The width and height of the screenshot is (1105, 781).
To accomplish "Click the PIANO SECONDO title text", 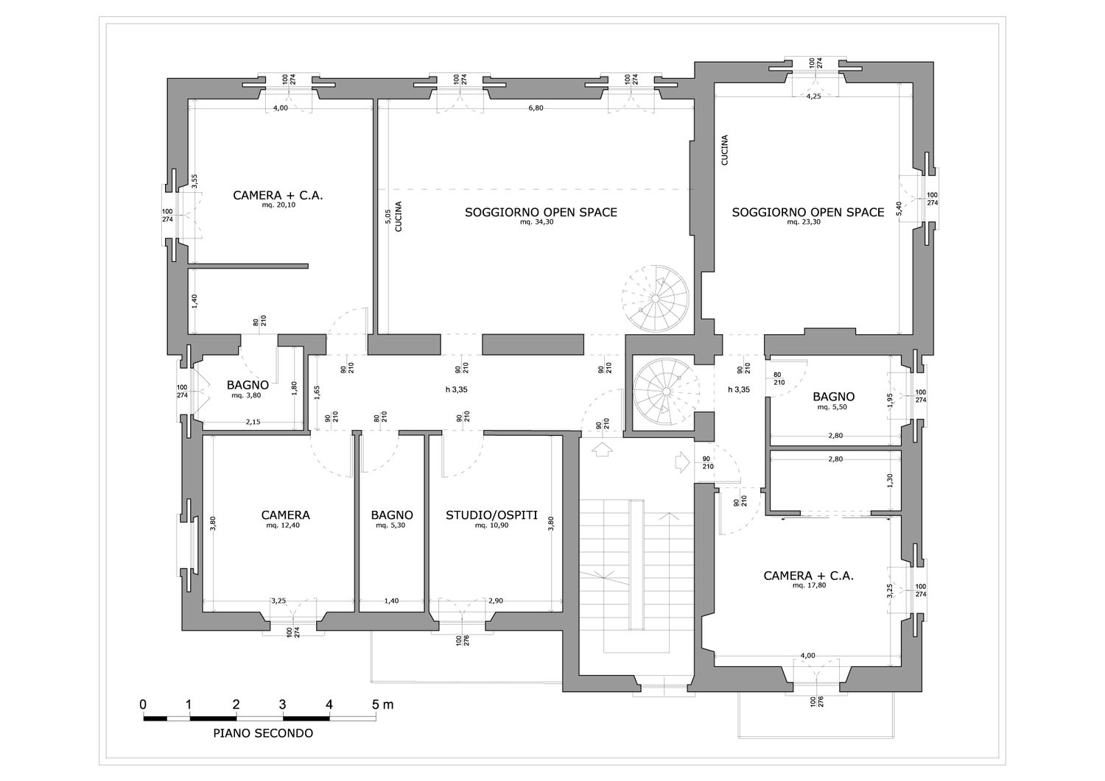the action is pos(263,733).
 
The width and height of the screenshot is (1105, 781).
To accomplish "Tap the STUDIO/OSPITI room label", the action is pos(491,515).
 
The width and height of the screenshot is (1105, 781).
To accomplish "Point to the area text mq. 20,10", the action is pos(278,205).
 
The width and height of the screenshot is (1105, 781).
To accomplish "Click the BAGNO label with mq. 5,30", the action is pos(392,515).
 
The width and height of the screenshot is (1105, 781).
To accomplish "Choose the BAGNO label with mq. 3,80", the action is pos(248,385).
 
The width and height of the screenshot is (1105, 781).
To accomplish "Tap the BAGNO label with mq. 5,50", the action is pos(834,397).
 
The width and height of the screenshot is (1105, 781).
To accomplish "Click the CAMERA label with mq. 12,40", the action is pos(286,515).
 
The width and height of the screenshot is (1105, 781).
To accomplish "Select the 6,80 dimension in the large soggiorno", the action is pos(536,108).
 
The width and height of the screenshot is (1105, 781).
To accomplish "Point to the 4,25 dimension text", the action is pos(813,96).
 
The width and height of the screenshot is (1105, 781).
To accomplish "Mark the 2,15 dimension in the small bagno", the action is pos(253,422).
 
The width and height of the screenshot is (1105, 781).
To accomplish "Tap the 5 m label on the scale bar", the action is pos(383,704).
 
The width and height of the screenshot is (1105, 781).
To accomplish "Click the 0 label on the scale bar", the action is pos(143,704).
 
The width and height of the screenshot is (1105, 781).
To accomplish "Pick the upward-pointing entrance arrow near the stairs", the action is pos(601,450).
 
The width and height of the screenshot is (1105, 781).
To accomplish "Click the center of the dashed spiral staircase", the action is pos(655,299).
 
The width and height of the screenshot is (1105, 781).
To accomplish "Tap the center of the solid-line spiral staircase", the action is pos(667,392).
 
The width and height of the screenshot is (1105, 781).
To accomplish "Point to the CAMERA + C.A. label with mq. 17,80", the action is pos(809,576).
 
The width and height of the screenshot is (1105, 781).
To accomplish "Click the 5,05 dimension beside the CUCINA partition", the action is pos(387,217).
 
